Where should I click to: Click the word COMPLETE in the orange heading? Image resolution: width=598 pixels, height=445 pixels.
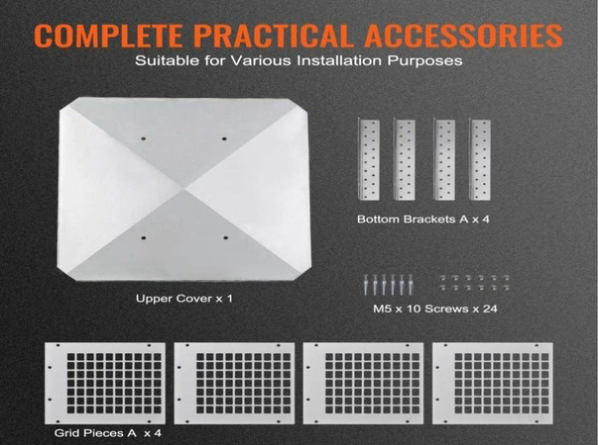pos(108,35)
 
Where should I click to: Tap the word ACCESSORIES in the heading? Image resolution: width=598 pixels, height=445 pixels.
pos(463,35)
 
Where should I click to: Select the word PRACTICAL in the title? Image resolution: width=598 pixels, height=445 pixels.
pos(272,35)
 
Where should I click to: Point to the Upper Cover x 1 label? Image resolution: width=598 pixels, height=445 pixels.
pos(184,298)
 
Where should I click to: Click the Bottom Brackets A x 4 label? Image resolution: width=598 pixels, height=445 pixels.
pos(423,219)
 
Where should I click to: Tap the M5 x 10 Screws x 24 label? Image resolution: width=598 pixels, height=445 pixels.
pos(435,309)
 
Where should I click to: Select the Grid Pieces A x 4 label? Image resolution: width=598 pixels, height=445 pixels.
pos(108,433)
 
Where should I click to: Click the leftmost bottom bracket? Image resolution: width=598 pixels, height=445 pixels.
pos(369,160)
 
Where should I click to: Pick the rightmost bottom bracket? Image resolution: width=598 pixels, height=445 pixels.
pos(479,160)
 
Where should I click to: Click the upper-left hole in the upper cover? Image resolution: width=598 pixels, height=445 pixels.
pos(144,139)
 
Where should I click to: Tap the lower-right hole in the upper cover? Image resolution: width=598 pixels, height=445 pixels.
pos(226,238)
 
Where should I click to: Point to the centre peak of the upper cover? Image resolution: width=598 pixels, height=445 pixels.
pos(185,188)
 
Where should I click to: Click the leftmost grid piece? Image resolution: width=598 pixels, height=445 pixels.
pos(105,383)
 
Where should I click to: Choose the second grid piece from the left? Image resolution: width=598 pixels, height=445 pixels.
pos(234,383)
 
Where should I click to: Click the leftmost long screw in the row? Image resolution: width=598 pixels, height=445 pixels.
pos(367,285)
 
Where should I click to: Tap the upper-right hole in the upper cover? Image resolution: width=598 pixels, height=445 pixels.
pos(224,139)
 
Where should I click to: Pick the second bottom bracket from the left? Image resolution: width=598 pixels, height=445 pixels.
pos(404,160)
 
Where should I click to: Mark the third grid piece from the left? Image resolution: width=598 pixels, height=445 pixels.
pos(363,383)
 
